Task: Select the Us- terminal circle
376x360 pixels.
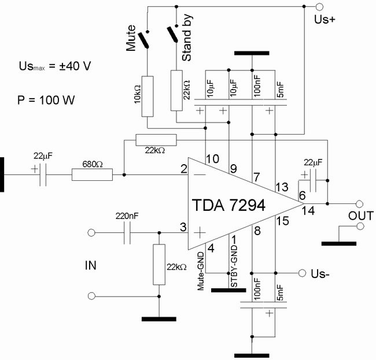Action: click(301, 272)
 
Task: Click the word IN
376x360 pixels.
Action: click(90, 266)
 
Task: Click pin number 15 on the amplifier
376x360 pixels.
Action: click(282, 220)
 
